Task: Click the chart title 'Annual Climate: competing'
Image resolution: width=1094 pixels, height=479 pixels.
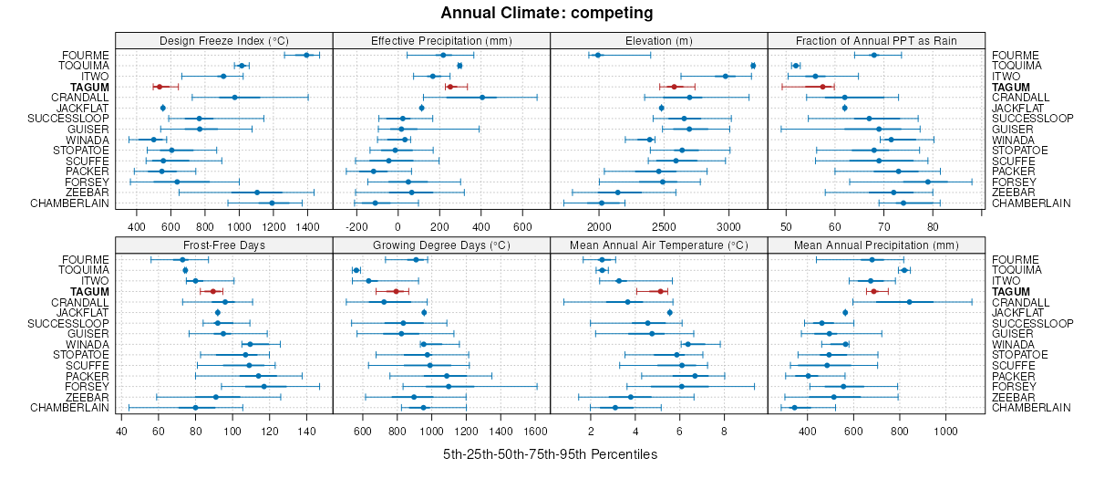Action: pos(547,13)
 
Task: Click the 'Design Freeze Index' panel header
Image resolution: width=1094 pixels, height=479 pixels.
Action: pos(223,40)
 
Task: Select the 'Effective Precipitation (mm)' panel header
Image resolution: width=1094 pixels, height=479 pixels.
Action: pos(441,40)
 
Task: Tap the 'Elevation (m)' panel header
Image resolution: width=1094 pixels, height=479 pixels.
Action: pos(659,40)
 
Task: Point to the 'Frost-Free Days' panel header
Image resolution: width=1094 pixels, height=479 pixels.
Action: pos(223,245)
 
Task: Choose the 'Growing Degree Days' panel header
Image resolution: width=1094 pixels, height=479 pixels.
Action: pos(441,245)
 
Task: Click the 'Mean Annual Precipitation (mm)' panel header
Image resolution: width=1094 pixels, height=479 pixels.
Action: pos(876,245)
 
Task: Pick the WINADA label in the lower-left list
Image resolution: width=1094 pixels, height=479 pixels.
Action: pos(89,345)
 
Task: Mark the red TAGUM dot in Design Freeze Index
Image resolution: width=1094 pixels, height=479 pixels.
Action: pos(159,87)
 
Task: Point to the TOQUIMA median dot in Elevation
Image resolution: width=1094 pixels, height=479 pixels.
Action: pos(753,66)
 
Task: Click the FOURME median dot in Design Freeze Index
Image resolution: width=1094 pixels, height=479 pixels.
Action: pos(306,56)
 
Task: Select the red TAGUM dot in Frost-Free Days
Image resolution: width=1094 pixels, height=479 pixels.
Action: pos(213,292)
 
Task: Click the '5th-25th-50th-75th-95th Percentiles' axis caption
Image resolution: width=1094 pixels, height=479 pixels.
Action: pos(550,453)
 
